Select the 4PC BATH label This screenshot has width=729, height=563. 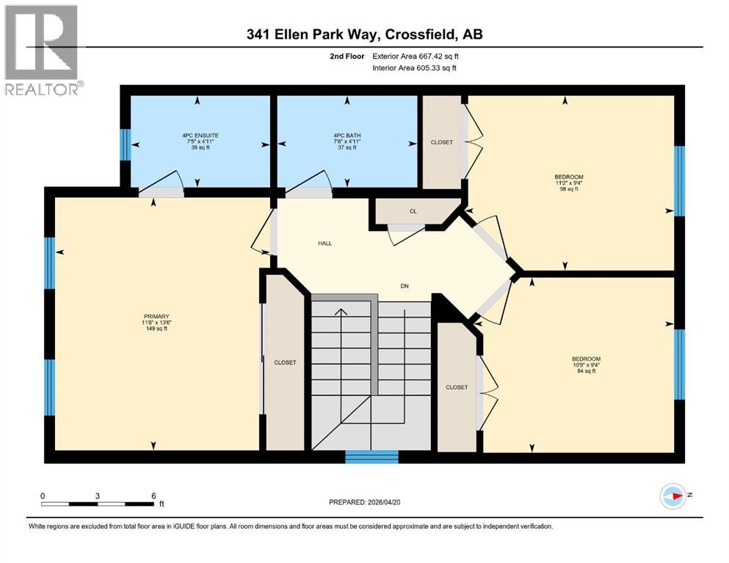(347, 136)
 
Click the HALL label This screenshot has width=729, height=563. (324, 243)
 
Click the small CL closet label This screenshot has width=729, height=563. (413, 211)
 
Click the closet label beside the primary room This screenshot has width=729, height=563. (285, 362)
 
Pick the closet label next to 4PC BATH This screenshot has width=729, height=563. (442, 142)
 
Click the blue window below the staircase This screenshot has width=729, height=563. (371, 457)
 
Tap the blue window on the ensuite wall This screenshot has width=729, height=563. (125, 140)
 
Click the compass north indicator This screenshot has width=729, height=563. (673, 496)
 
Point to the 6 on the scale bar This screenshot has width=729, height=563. (153, 496)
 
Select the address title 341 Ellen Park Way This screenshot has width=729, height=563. (364, 34)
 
